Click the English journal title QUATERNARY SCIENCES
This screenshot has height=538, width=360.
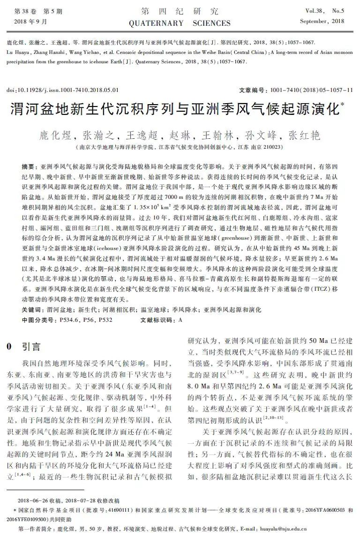[x=180, y=23]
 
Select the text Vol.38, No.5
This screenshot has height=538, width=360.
[x=324, y=11]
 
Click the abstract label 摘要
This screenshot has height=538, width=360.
[x=30, y=167]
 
